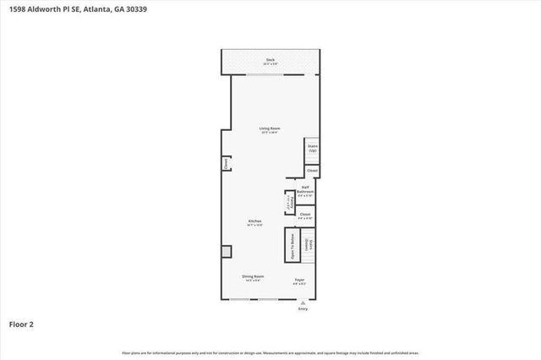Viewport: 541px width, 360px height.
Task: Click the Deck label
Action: click(270, 59)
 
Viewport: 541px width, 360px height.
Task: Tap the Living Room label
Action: click(270, 128)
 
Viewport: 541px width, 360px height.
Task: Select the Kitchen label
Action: click(254, 221)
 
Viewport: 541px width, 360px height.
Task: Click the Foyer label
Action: click(299, 280)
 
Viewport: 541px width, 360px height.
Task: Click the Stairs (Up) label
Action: click(312, 148)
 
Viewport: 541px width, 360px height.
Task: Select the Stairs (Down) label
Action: click(311, 245)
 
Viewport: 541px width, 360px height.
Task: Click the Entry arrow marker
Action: click(303, 303)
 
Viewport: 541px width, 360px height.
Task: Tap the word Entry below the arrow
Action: click(303, 309)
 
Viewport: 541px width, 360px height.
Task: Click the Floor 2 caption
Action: click(21, 324)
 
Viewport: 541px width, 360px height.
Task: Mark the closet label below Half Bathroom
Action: click(305, 215)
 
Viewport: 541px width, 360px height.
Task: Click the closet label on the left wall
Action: click(226, 162)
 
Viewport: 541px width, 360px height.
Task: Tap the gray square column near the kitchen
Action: click(226, 252)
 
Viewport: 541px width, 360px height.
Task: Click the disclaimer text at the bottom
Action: click(270, 352)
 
